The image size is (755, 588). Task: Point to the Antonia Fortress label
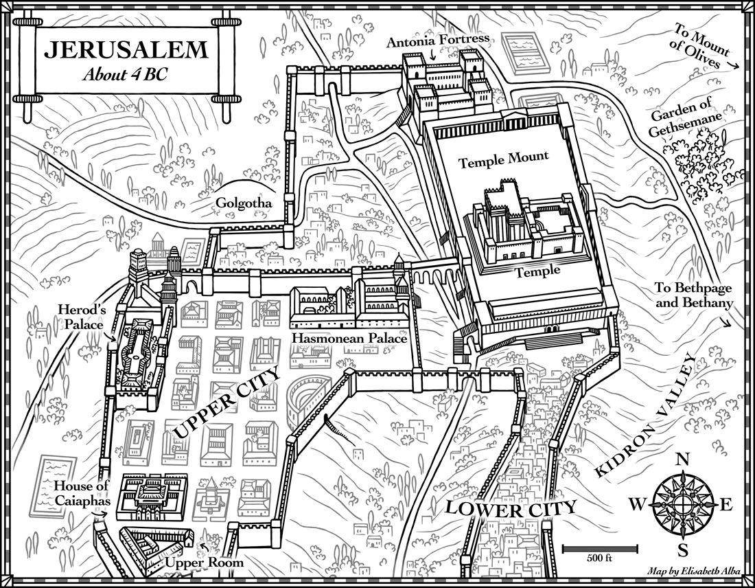[437, 40]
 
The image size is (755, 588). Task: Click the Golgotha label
[244, 204]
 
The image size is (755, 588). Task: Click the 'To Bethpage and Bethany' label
[695, 297]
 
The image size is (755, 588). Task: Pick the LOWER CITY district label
[509, 508]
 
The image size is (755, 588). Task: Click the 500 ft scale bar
[601, 548]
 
